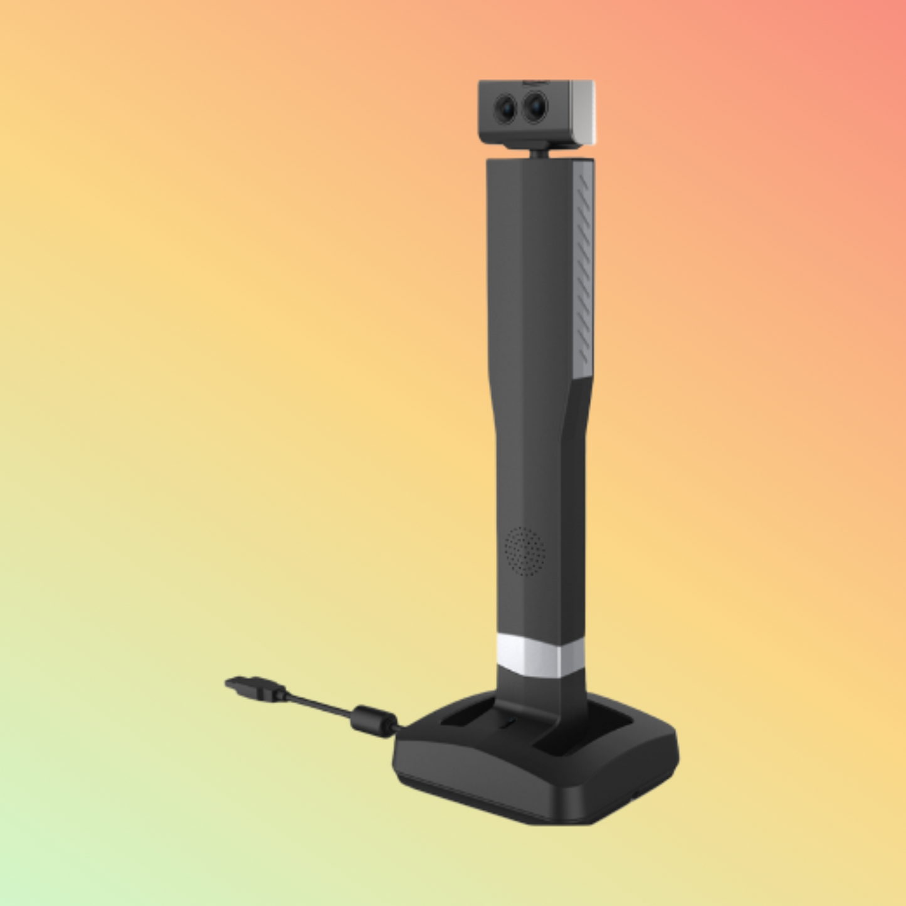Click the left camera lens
pyautogui.click(x=505, y=109)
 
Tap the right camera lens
pyautogui.click(x=535, y=107)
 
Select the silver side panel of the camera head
pyautogui.click(x=582, y=112)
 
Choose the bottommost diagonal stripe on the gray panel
pyautogui.click(x=584, y=357)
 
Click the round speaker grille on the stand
pyautogui.click(x=525, y=551)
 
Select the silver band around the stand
pyautogui.click(x=539, y=656)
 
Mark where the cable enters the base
pyautogui.click(x=398, y=729)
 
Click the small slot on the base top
pyautogui.click(x=507, y=724)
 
